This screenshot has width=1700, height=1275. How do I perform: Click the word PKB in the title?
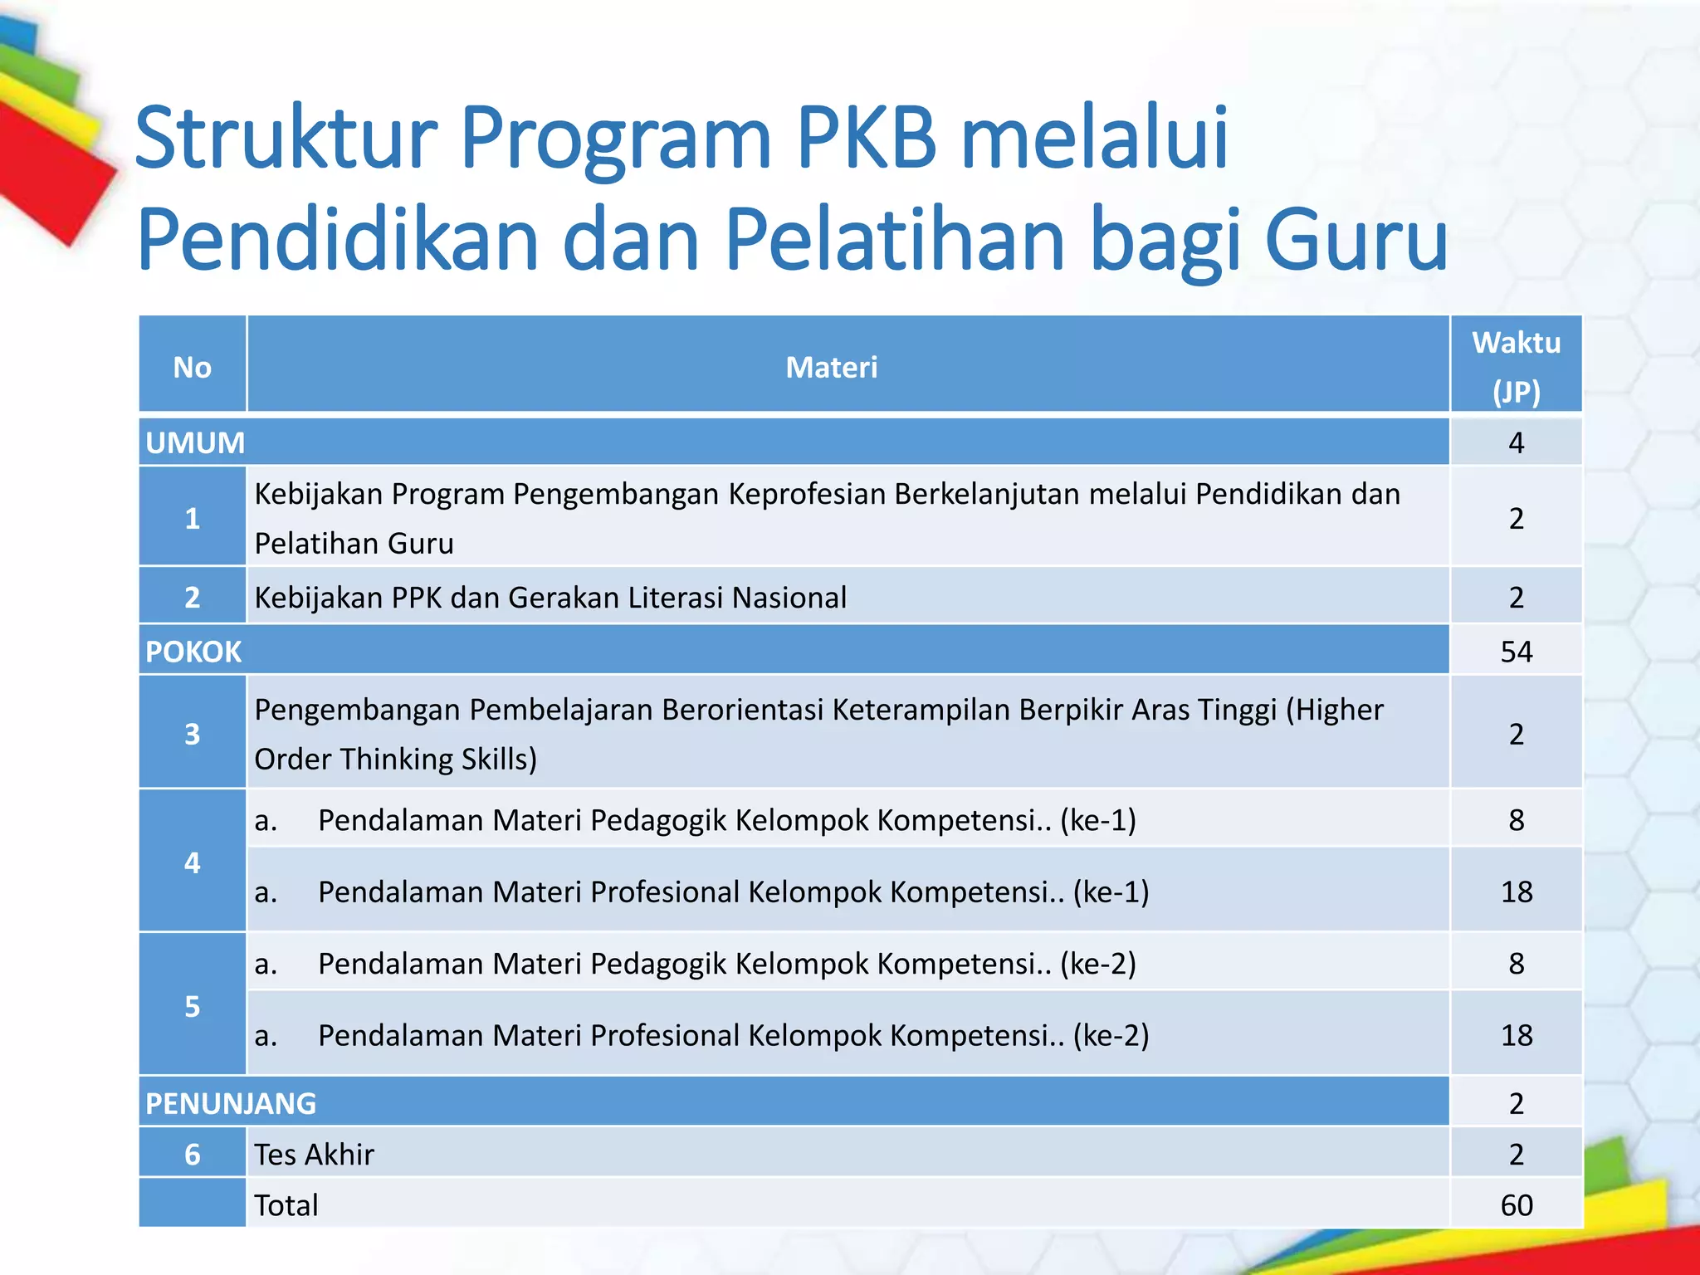pyautogui.click(x=866, y=139)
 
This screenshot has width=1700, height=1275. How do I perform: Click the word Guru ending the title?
pyautogui.click(x=1356, y=241)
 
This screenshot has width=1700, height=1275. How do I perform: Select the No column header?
pyautogui.click(x=192, y=367)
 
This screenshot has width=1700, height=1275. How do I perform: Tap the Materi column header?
pyautogui.click(x=831, y=367)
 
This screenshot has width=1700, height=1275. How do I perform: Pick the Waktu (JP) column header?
pyautogui.click(x=1516, y=366)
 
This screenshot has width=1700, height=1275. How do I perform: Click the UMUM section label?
pyautogui.click(x=195, y=442)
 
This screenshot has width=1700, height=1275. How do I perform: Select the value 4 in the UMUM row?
pyautogui.click(x=1516, y=442)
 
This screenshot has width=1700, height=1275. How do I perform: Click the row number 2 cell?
pyautogui.click(x=192, y=597)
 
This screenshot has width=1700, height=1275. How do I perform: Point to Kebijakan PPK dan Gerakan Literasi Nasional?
pyautogui.click(x=550, y=598)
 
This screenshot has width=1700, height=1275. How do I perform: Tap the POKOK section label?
pyautogui.click(x=193, y=652)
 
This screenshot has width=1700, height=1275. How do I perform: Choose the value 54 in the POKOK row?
pyautogui.click(x=1516, y=652)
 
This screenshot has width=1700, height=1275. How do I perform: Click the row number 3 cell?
pyautogui.click(x=192, y=734)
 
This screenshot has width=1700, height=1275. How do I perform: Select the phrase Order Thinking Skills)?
pyautogui.click(x=395, y=759)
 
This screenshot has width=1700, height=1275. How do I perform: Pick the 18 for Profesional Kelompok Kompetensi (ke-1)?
pyautogui.click(x=1516, y=892)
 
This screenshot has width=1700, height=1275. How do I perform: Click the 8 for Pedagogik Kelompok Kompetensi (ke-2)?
pyautogui.click(x=1516, y=963)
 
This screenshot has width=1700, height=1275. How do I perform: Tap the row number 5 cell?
pyautogui.click(x=192, y=1006)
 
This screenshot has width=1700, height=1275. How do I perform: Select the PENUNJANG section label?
pyautogui.click(x=231, y=1103)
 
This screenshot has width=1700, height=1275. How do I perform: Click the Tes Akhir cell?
pyautogui.click(x=314, y=1155)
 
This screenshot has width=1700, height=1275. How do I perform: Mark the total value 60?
pyautogui.click(x=1516, y=1205)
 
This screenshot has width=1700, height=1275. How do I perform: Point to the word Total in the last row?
pyautogui.click(x=286, y=1205)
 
